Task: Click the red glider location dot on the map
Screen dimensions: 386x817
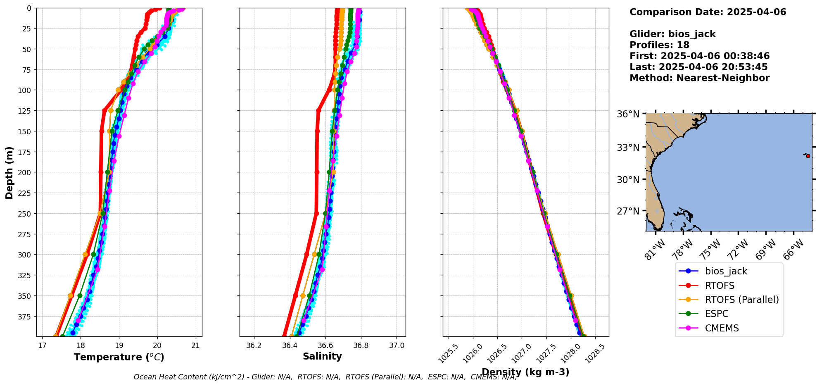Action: (808, 156)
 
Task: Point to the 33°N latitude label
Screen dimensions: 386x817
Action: (628, 148)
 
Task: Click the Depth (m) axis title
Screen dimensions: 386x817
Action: (9, 172)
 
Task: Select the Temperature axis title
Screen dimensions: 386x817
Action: (119, 357)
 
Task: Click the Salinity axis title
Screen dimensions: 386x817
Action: (322, 356)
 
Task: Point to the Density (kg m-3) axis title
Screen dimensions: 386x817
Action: (525, 372)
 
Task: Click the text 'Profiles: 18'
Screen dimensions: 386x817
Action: (659, 45)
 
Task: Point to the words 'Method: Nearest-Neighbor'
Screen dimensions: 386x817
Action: (699, 78)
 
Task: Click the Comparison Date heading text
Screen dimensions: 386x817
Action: (708, 12)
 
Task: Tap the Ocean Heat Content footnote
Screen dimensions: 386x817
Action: (325, 377)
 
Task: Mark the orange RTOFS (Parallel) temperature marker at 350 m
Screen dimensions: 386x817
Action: (71, 295)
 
